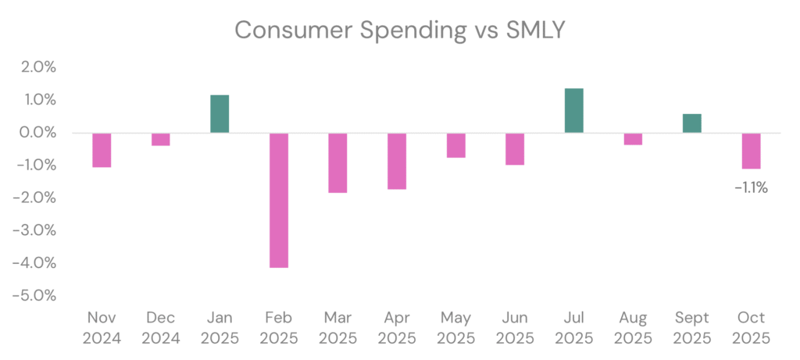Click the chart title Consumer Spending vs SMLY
point(399,30)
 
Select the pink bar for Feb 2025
point(278,200)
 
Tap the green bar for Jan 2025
point(220,114)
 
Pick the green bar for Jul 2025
point(573,111)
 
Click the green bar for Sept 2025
point(691,123)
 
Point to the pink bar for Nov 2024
point(102,150)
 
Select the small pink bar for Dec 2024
point(161,139)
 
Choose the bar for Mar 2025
point(337,162)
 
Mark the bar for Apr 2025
point(397,161)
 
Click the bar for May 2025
point(455,145)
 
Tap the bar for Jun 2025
point(515,148)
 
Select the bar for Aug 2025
point(633,139)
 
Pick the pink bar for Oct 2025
point(751,151)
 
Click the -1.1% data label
point(751,187)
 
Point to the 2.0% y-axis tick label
point(38,67)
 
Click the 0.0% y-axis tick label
point(38,133)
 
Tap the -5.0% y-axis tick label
point(37,296)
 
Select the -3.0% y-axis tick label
point(37,230)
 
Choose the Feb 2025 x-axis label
point(279,328)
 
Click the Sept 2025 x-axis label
point(691,328)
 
